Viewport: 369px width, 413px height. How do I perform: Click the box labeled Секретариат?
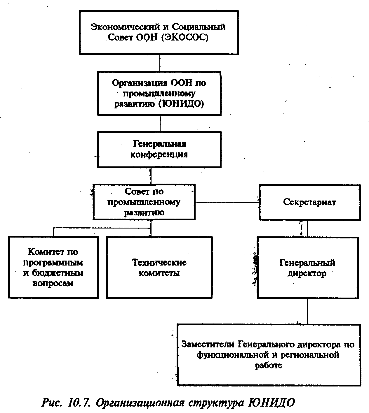coord(309,202)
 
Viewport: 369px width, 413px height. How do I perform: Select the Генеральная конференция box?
coord(159,149)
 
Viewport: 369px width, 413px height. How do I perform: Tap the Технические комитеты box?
coord(159,268)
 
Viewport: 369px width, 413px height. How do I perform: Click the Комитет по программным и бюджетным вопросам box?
coord(53,268)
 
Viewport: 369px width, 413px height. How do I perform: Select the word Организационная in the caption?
coord(140,403)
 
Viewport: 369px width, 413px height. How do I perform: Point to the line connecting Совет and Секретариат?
coord(227,202)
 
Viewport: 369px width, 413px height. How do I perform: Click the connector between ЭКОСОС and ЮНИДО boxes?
coord(160,63)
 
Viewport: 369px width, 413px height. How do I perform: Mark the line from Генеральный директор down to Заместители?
coord(307,311)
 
